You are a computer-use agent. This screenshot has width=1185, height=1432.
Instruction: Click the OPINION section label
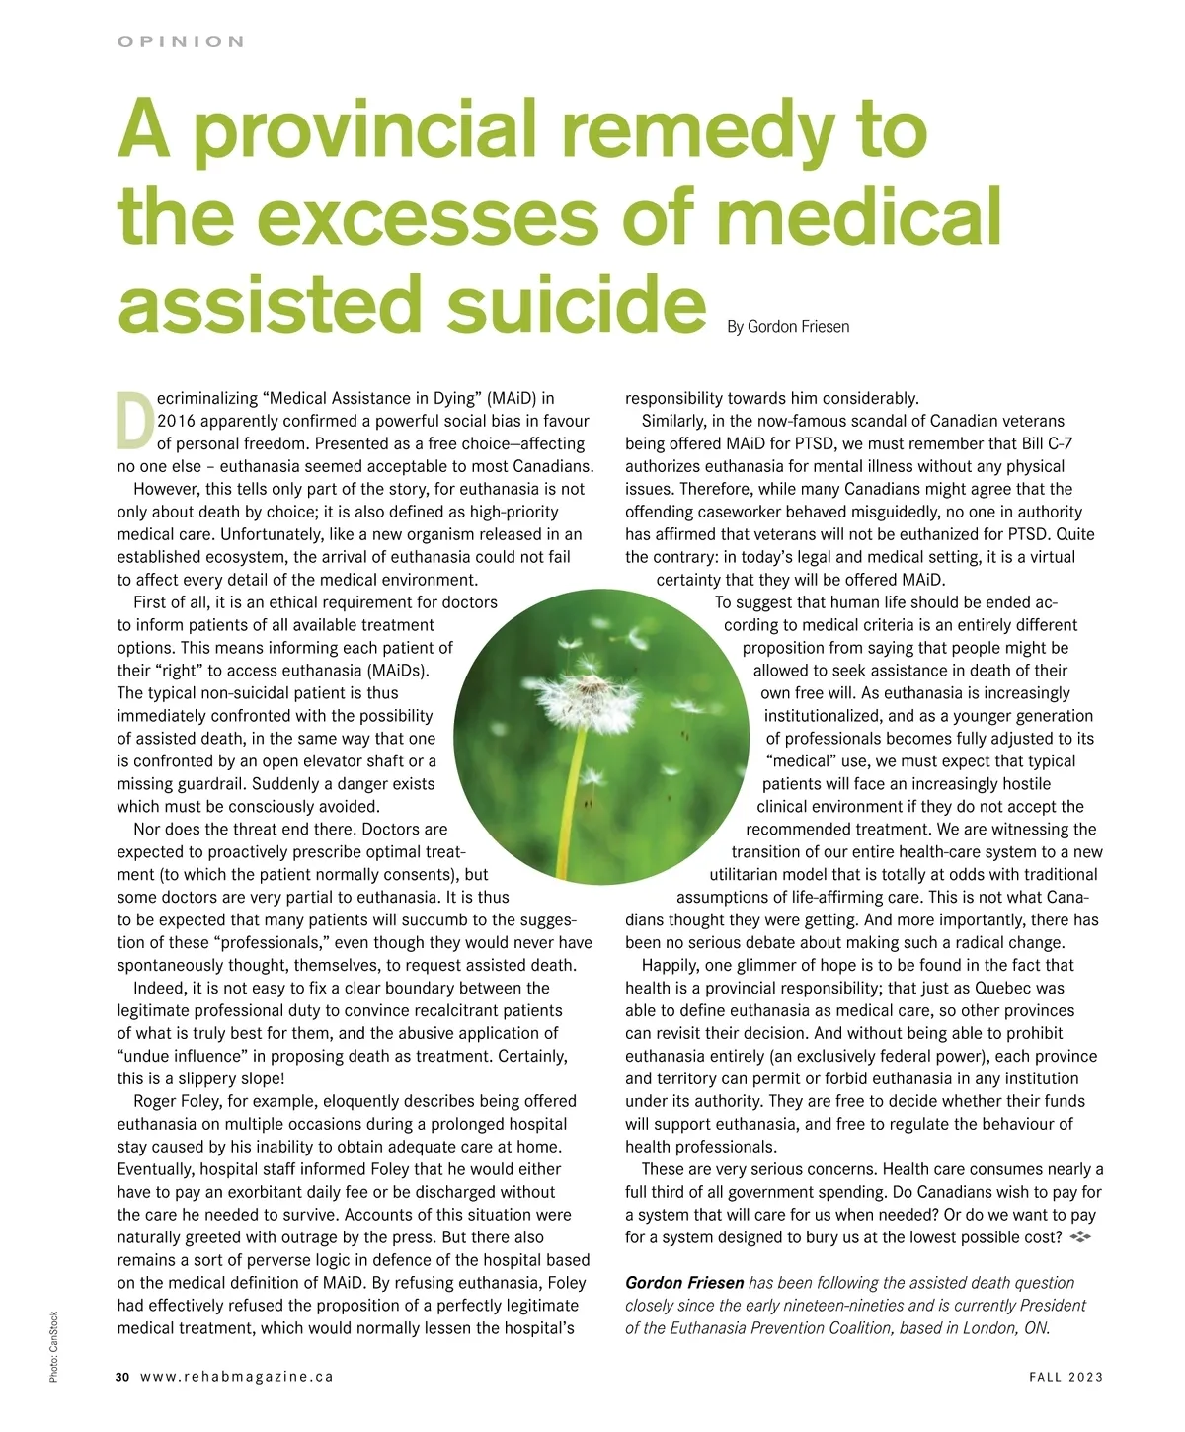(181, 41)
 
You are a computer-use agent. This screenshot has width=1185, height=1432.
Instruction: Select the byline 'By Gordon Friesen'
(788, 327)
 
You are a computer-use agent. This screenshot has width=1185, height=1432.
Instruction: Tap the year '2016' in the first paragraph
(177, 422)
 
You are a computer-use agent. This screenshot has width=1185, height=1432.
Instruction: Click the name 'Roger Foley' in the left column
(176, 1101)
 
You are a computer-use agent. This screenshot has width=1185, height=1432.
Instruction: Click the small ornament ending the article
(1080, 1237)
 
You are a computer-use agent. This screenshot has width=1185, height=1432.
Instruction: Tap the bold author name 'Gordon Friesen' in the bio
(684, 1283)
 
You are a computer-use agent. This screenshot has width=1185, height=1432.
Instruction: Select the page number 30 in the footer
(122, 1377)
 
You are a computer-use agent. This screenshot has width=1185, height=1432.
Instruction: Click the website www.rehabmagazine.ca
(237, 1377)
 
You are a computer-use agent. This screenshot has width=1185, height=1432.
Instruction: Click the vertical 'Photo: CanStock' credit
(54, 1346)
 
